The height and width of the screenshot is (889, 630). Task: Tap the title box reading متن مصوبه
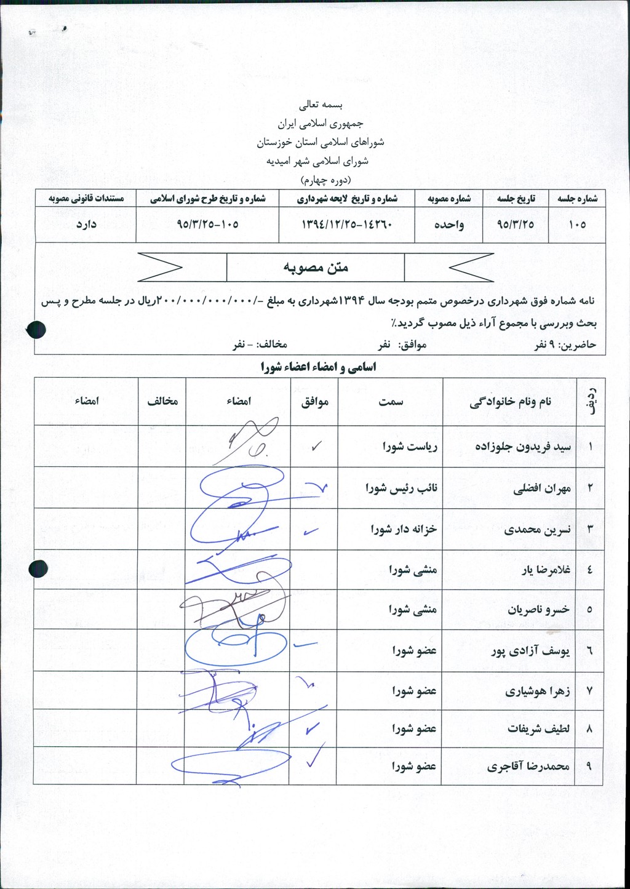coord(316,268)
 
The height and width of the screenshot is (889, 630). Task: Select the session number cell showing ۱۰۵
coord(577,225)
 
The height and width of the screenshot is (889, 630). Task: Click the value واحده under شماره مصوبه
coord(449,225)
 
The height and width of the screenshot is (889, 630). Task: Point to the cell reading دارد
coord(86,225)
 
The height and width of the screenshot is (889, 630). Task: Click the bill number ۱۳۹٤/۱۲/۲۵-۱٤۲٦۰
coord(346,225)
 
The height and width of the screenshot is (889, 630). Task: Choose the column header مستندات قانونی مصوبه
coord(86,199)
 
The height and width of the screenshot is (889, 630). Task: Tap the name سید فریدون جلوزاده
coord(523,447)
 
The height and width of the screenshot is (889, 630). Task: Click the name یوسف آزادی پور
coord(530,651)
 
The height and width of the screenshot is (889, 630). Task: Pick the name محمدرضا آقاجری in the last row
coord(528,767)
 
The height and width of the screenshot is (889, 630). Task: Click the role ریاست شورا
coord(409,447)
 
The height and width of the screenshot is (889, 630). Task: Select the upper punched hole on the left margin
coord(37,330)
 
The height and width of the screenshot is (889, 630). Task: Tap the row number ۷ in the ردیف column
coord(589,691)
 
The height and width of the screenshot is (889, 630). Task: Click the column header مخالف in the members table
coord(162,401)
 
